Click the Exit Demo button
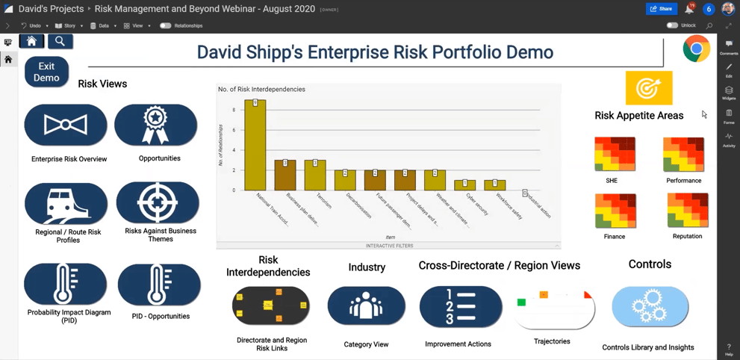click(x=46, y=72)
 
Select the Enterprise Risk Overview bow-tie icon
click(x=66, y=125)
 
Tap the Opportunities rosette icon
click(x=155, y=125)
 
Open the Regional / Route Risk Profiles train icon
click(x=66, y=203)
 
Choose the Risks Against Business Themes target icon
click(x=158, y=202)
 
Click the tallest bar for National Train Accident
click(x=255, y=146)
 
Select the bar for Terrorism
click(x=315, y=175)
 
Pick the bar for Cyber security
click(x=464, y=184)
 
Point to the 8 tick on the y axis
click(x=234, y=110)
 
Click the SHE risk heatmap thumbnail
click(x=615, y=155)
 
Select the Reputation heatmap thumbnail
click(x=687, y=211)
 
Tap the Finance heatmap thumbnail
click(x=615, y=211)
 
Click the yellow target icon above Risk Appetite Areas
click(x=648, y=88)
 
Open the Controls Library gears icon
click(x=650, y=306)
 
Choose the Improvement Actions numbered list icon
click(x=460, y=306)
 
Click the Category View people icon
click(x=366, y=306)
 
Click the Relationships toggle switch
click(x=165, y=25)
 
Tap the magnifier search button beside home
click(x=60, y=42)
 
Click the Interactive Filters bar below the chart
click(x=389, y=246)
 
